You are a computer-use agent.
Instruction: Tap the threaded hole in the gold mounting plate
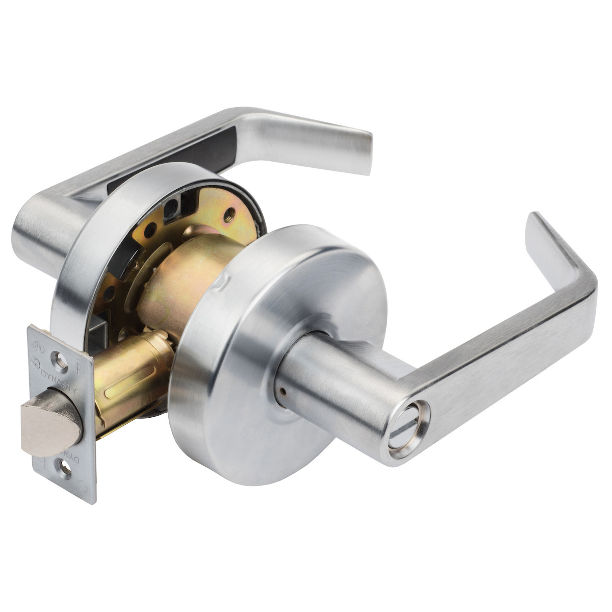[229, 213]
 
